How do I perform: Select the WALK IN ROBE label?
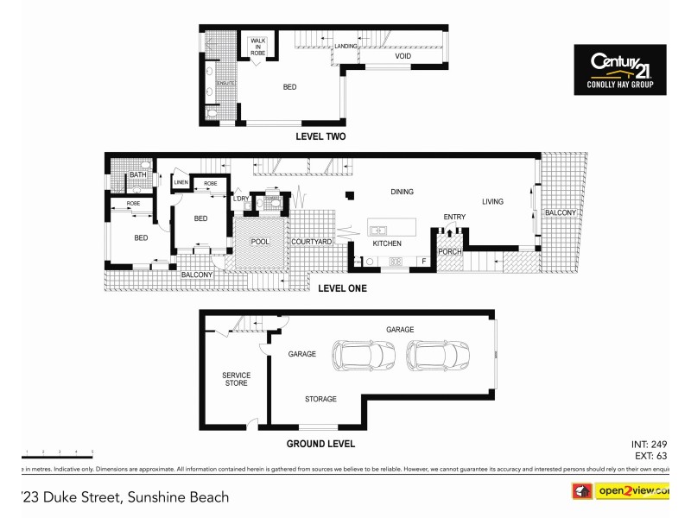pos(258,47)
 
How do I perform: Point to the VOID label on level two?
pos(403,57)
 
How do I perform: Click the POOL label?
pos(260,243)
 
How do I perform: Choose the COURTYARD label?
pos(312,243)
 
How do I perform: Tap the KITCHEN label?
pos(387,244)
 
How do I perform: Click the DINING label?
pos(402,192)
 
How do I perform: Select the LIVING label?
pos(492,202)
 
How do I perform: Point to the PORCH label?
pos(450,252)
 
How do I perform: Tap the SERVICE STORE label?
pos(236,379)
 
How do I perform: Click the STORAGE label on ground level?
pos(320,399)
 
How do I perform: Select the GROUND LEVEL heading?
pos(320,444)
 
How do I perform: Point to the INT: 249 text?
pos(649,444)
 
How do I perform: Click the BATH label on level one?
pos(137,175)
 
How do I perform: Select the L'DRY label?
pos(240,200)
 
